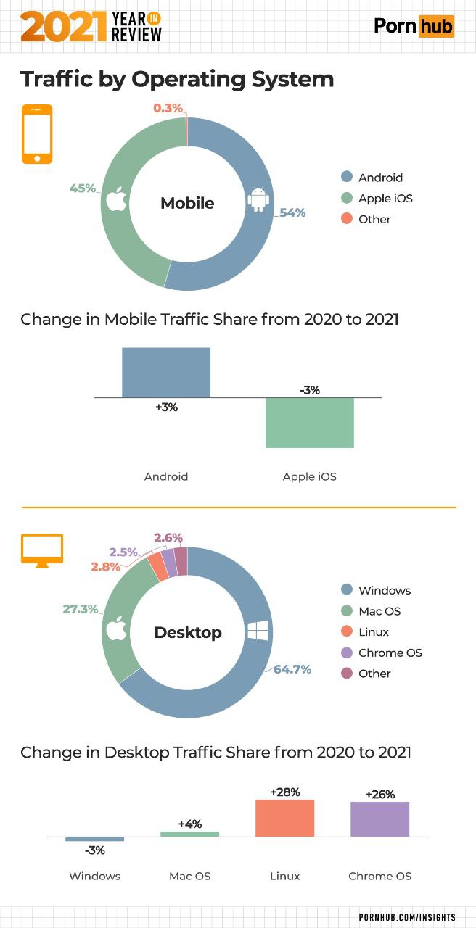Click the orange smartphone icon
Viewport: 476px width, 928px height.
[x=37, y=134]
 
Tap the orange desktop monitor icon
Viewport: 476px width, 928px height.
[x=42, y=550]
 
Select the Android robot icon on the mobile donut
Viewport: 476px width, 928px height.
[x=258, y=200]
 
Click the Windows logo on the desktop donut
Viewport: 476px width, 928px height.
[x=258, y=630]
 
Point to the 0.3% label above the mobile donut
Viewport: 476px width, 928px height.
[x=168, y=108]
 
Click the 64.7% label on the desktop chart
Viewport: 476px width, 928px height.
[x=292, y=669]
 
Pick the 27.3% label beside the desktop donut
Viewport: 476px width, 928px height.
[x=80, y=609]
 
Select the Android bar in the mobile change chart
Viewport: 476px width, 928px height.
[x=166, y=373]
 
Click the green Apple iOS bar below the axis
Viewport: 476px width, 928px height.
[x=309, y=423]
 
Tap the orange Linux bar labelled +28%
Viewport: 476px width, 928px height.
[x=284, y=818]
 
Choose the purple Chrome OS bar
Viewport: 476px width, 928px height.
[x=379, y=819]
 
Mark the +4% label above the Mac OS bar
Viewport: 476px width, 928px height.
[x=190, y=824]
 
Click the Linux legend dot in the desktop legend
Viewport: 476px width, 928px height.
[x=346, y=631]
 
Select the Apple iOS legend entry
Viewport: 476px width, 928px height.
[x=385, y=198]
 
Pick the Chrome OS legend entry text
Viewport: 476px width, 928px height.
[x=390, y=652]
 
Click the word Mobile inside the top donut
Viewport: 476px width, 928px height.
[x=187, y=203]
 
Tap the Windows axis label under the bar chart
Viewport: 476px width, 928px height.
[x=94, y=876]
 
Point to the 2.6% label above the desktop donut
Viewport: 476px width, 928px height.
[x=168, y=537]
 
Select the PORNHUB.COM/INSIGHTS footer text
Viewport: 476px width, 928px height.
[x=407, y=917]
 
